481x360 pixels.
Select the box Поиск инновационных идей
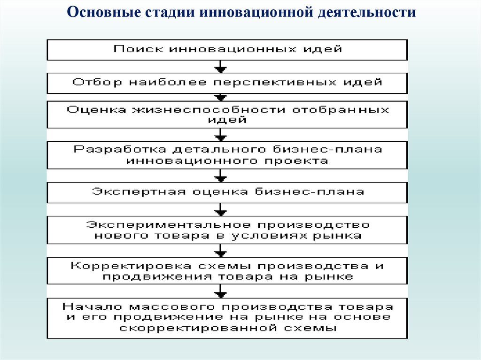227,49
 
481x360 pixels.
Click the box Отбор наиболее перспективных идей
227,83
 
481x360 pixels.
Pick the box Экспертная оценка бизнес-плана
227,191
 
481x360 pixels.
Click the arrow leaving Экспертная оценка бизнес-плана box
220,209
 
